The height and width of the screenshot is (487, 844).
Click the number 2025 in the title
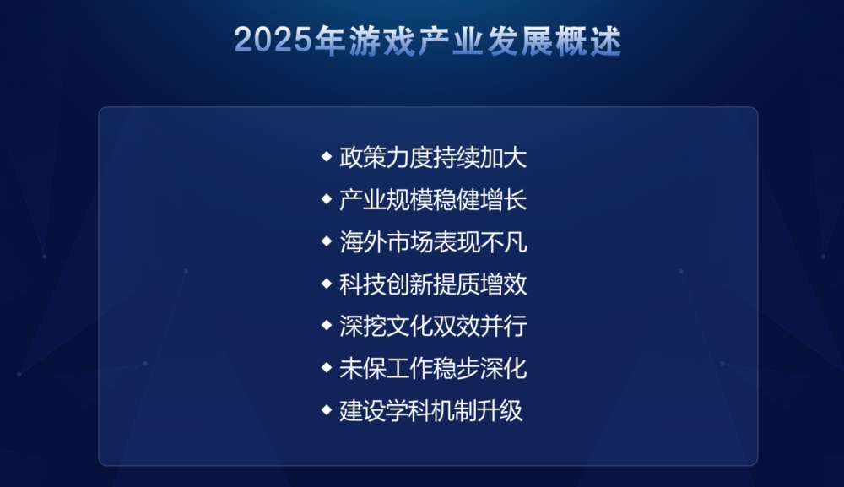click(273, 40)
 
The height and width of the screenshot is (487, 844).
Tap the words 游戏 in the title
click(381, 41)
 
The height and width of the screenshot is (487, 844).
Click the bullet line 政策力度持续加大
click(433, 158)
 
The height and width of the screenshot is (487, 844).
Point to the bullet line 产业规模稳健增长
click(433, 200)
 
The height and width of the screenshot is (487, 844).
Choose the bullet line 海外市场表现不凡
click(433, 242)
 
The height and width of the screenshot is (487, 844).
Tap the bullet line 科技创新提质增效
click(433, 284)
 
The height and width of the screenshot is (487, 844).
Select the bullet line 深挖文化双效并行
click(433, 326)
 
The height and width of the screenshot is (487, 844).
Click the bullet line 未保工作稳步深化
click(433, 369)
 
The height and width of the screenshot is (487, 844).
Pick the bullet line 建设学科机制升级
click(430, 410)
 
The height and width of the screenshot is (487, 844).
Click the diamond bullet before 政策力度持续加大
click(326, 157)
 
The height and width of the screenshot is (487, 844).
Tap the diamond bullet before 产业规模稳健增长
click(326, 199)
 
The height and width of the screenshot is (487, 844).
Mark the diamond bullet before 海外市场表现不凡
click(326, 241)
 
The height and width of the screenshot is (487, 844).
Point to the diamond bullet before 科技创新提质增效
click(326, 283)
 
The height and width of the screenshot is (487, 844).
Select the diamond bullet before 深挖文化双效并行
click(326, 326)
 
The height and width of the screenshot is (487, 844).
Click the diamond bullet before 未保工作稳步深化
click(326, 367)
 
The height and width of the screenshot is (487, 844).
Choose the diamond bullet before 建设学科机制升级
click(326, 409)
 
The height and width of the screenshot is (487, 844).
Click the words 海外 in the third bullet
click(362, 242)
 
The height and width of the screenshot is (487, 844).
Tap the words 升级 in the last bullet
click(500, 410)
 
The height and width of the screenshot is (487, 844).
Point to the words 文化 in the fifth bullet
click(409, 326)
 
